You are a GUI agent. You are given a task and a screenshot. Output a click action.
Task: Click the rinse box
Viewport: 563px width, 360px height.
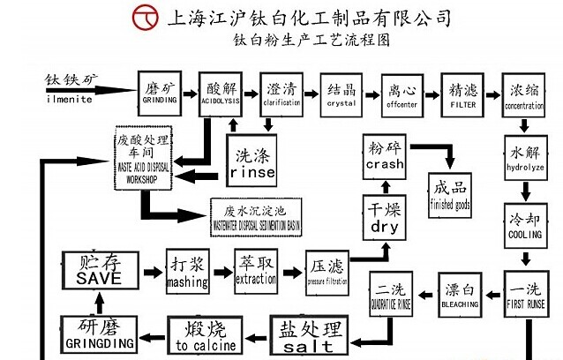tap(253, 159)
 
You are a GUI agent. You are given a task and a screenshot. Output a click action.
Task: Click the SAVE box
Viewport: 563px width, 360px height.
tap(98, 268)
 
